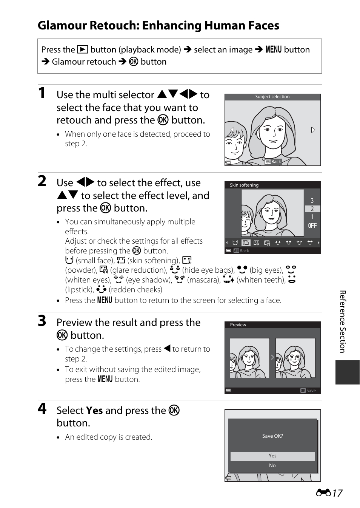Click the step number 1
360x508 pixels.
click(42, 93)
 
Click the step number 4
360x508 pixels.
click(42, 409)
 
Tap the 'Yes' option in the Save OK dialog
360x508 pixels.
click(272, 456)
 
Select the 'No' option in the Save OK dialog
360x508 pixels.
click(272, 465)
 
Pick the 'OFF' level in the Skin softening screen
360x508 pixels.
click(312, 225)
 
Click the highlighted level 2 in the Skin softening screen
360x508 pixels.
click(312, 209)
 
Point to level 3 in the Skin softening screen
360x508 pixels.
click(312, 201)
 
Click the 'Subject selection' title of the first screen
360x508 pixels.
click(272, 97)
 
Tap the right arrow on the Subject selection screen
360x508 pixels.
click(313, 130)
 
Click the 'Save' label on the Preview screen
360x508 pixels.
click(311, 391)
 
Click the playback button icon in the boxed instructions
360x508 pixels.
click(83, 49)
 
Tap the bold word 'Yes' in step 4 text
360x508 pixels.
click(94, 410)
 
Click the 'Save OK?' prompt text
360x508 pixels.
click(272, 436)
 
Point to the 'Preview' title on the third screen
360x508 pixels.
click(238, 325)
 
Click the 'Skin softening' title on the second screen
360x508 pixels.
click(244, 185)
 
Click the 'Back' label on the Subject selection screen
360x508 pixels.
click(276, 162)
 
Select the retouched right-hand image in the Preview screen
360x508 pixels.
click(295, 358)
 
